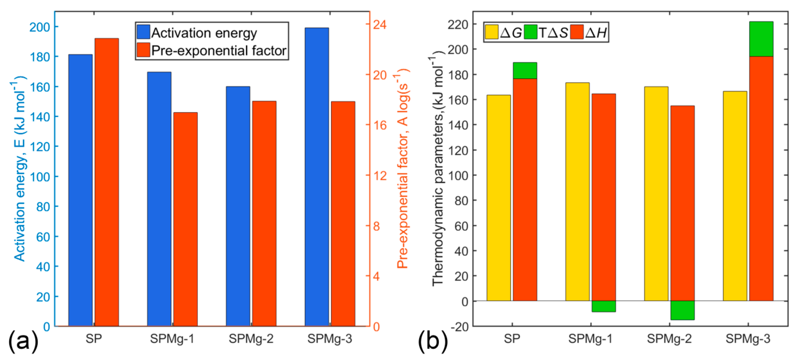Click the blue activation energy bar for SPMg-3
(x=317, y=177)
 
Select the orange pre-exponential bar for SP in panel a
(x=107, y=182)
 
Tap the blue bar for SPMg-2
(x=238, y=206)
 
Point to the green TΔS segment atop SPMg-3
(x=761, y=39)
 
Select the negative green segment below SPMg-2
(x=683, y=310)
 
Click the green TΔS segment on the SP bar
(x=525, y=71)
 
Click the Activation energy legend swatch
(x=143, y=32)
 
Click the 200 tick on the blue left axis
(x=40, y=27)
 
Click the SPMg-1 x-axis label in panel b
(x=590, y=339)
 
